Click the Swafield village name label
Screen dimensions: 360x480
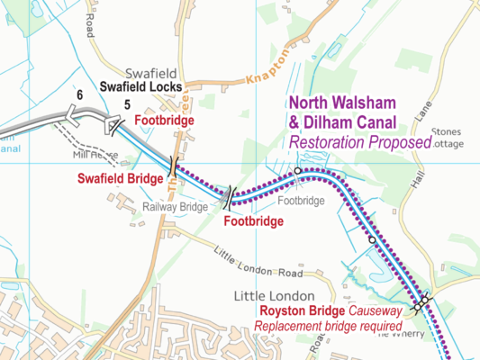click(131, 72)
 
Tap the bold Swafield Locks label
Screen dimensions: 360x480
click(141, 87)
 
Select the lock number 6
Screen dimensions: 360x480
click(80, 95)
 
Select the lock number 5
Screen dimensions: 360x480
click(127, 104)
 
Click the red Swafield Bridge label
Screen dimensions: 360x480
click(113, 178)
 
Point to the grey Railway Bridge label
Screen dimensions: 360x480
click(176, 206)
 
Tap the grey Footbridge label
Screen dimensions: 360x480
click(300, 201)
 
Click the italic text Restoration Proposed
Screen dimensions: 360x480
click(357, 142)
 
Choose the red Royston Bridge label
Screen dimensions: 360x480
click(301, 312)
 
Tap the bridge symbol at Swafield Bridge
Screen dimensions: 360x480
click(170, 162)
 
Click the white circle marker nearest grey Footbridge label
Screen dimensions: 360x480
click(298, 169)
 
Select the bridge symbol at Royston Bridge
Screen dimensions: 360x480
click(421, 304)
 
